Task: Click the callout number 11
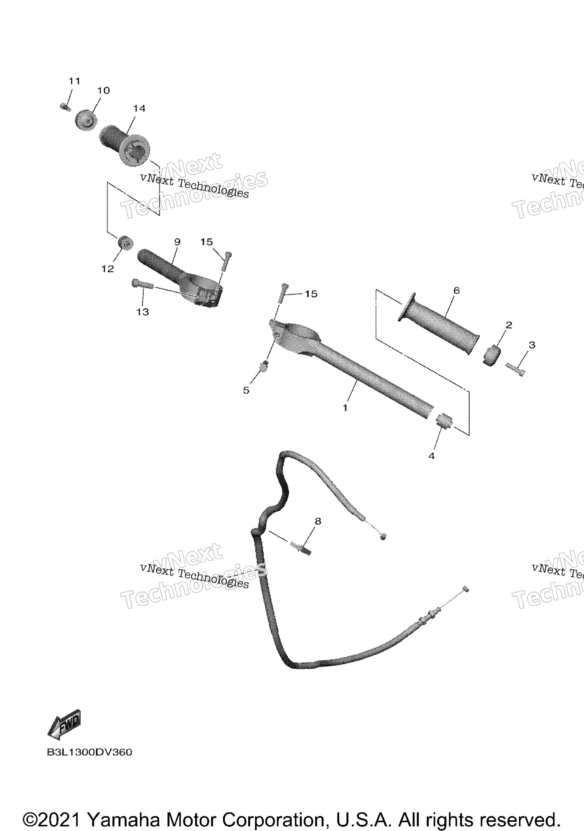pyautogui.click(x=75, y=81)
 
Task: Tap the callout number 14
pyautogui.click(x=139, y=108)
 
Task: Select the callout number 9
pyautogui.click(x=177, y=241)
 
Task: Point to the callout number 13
pyautogui.click(x=143, y=312)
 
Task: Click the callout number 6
pyautogui.click(x=456, y=290)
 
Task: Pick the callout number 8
pyautogui.click(x=318, y=521)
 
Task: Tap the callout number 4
pyautogui.click(x=431, y=456)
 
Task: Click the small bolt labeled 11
pyautogui.click(x=65, y=107)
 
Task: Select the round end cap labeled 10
pyautogui.click(x=86, y=120)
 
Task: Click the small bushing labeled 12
pyautogui.click(x=125, y=243)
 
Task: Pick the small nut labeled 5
pyautogui.click(x=263, y=366)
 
